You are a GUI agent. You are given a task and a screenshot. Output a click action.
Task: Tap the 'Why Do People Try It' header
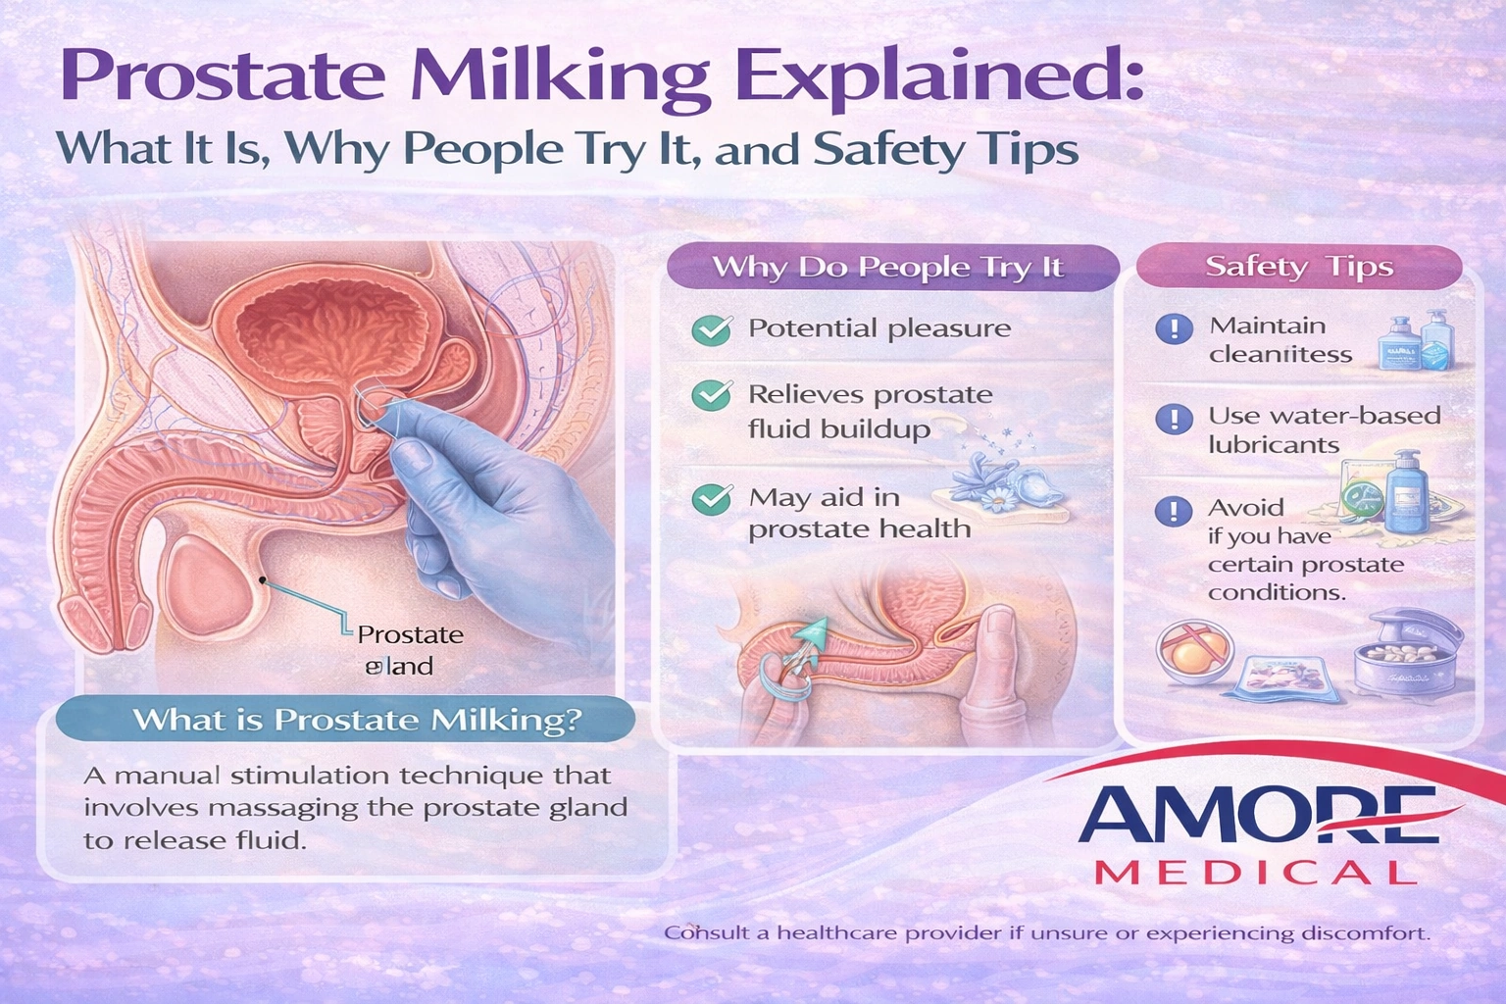(x=888, y=268)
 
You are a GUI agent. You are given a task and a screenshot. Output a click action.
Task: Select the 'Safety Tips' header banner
(x=1298, y=267)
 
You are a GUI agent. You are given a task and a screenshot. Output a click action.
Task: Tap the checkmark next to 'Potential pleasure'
(x=712, y=329)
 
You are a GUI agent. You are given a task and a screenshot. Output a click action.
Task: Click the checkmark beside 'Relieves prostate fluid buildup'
(x=712, y=395)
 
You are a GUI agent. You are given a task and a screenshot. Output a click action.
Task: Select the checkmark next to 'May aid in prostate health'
(x=712, y=499)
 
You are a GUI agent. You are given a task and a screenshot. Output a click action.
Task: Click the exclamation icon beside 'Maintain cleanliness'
(x=1174, y=328)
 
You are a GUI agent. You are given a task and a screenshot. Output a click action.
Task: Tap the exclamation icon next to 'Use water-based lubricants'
(x=1174, y=420)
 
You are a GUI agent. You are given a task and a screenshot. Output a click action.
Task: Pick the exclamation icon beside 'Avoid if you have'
(x=1174, y=511)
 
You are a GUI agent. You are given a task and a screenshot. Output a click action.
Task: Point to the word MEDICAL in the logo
(x=1255, y=872)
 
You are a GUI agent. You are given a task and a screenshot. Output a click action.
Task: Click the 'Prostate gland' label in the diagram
(x=409, y=650)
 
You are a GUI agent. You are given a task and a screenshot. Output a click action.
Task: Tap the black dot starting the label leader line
(x=263, y=580)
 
